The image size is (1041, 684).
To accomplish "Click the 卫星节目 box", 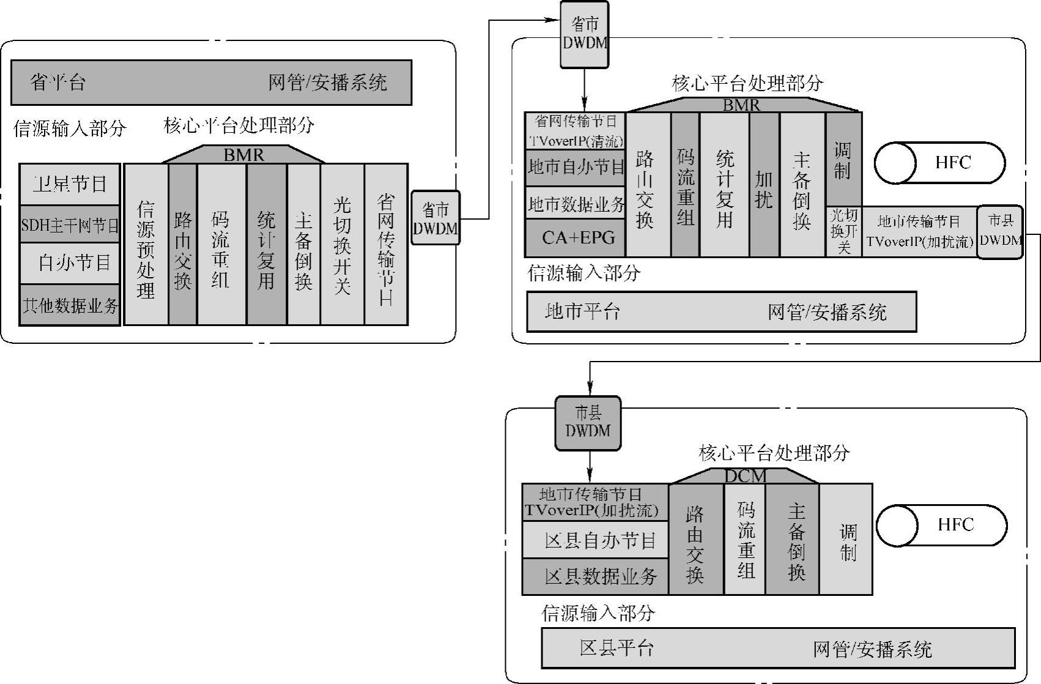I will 69,184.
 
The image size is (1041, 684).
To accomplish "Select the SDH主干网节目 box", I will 69,225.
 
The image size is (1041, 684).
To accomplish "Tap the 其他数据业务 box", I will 69,305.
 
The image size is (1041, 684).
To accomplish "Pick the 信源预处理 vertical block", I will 146,245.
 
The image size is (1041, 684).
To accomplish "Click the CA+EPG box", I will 575,237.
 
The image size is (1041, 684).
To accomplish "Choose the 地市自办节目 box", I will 575,166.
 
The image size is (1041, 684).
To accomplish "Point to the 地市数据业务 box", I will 575,203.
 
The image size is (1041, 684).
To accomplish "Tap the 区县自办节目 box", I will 595,540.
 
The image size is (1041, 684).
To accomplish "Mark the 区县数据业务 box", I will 595,576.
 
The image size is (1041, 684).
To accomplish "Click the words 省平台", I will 58,83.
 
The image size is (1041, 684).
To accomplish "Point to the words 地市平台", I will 582,312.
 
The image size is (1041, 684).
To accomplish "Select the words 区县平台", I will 617,648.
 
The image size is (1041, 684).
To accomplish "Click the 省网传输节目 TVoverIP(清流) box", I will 575,131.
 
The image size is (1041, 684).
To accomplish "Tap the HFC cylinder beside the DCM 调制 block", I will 941,525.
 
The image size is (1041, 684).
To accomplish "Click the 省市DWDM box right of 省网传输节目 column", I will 435,218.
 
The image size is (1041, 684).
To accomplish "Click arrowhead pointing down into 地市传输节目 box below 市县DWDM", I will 590,475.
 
